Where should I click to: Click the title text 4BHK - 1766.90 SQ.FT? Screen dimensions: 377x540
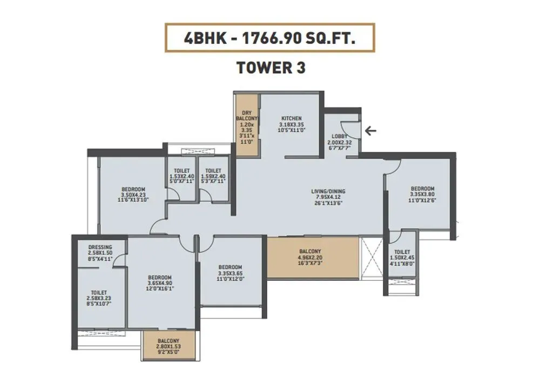click(x=269, y=38)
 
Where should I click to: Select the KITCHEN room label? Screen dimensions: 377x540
click(x=291, y=118)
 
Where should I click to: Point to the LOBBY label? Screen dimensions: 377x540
click(x=340, y=136)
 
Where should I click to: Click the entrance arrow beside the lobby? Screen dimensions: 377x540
click(x=370, y=130)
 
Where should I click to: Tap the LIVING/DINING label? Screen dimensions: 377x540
click(x=328, y=191)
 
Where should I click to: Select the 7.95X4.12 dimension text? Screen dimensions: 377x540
click(x=328, y=197)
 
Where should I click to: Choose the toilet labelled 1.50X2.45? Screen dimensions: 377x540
click(x=402, y=252)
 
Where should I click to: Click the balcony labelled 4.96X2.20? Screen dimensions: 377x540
click(x=310, y=251)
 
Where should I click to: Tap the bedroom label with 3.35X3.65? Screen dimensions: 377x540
click(x=230, y=267)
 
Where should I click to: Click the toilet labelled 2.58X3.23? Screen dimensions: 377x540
click(x=99, y=292)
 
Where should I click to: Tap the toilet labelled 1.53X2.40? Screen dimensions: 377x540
click(x=181, y=170)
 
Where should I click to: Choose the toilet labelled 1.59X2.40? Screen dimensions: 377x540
click(x=213, y=170)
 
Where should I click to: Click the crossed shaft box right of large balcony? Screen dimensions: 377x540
click(x=372, y=258)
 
